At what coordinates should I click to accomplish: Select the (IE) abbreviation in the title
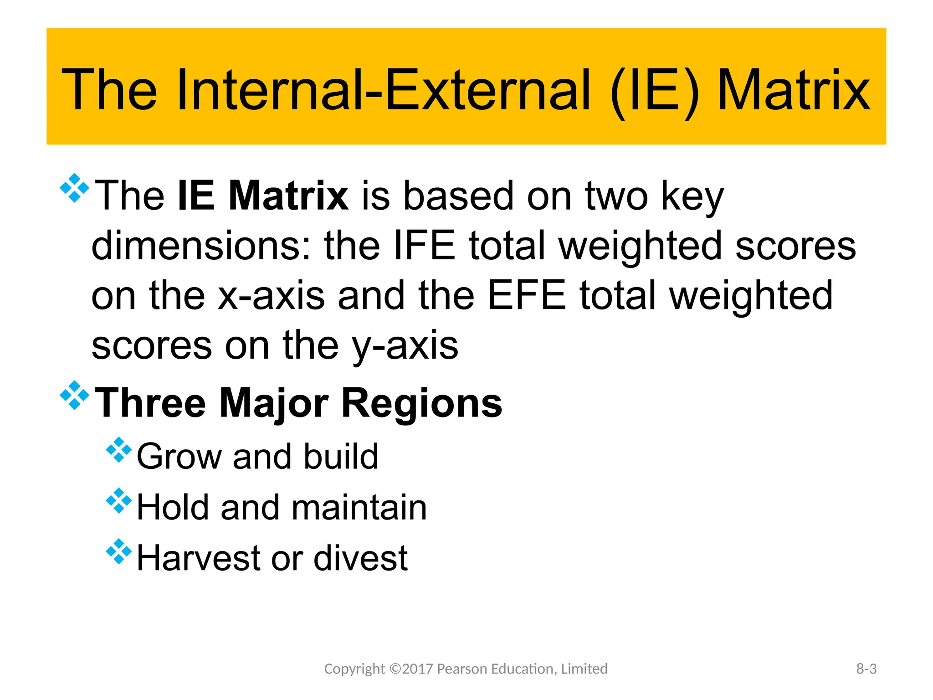pyautogui.click(x=654, y=91)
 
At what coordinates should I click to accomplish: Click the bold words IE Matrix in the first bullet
pyautogui.click(x=263, y=196)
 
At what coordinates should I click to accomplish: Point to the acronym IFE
pyautogui.click(x=424, y=246)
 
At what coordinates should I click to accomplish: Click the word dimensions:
pyautogui.click(x=201, y=246)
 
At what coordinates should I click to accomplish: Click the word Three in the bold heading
pyautogui.click(x=150, y=403)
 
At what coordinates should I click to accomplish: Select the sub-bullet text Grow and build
pyautogui.click(x=257, y=456)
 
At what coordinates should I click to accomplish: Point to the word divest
pyautogui.click(x=360, y=558)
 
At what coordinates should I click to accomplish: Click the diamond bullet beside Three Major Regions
pyautogui.click(x=74, y=395)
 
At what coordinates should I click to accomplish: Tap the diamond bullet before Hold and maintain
pyautogui.click(x=118, y=500)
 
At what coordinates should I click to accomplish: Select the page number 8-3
pyautogui.click(x=866, y=669)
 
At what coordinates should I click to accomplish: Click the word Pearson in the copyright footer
pyautogui.click(x=461, y=669)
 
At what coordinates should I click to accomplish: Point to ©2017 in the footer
pyautogui.click(x=411, y=669)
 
